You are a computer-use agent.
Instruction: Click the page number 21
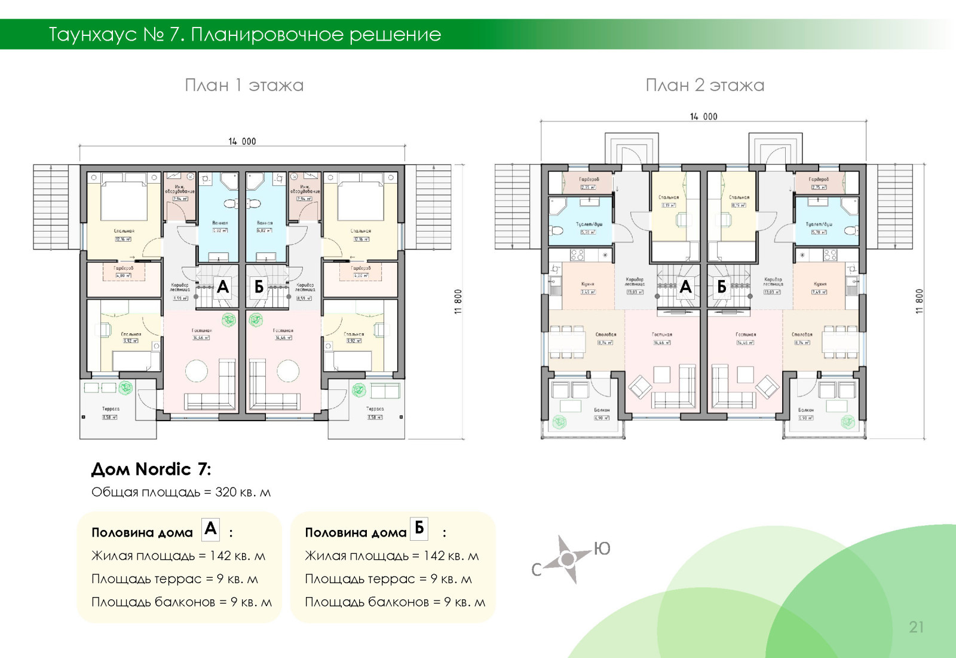[x=916, y=627]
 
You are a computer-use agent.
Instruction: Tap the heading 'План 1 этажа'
[x=244, y=85]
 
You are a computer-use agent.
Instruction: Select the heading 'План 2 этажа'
[x=704, y=85]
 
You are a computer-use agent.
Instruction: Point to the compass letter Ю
[x=602, y=549]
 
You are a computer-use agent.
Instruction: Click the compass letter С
[x=537, y=569]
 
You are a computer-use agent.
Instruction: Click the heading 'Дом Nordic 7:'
[x=151, y=469]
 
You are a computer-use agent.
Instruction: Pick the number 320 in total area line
[x=226, y=492]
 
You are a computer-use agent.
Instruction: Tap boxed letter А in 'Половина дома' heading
[x=210, y=529]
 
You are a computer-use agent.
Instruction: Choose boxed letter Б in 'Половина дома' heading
[x=419, y=528]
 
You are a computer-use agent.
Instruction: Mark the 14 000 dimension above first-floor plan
[x=242, y=142]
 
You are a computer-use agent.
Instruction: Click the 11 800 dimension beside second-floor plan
[x=920, y=301]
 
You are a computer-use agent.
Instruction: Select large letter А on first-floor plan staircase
[x=223, y=287]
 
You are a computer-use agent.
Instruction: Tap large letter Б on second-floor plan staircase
[x=721, y=287]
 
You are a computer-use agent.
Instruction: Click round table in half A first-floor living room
[x=197, y=371]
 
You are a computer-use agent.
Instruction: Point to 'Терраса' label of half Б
[x=375, y=409]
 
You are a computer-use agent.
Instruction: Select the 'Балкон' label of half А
[x=602, y=410]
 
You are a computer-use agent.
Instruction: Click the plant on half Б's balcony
[x=847, y=422]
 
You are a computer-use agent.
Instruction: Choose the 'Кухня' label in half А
[x=587, y=285]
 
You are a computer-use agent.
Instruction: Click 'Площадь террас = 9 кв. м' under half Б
[x=388, y=579]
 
